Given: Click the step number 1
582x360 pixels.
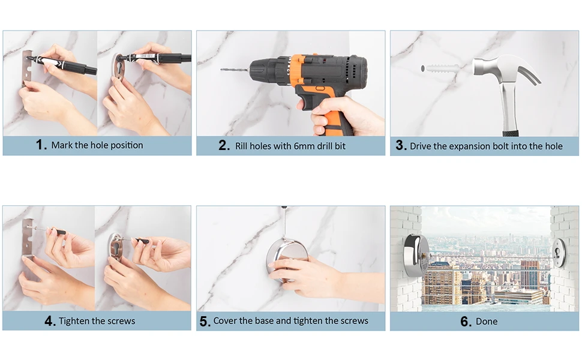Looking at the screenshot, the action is click(x=41, y=145).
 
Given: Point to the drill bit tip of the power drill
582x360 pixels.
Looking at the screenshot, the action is click(x=221, y=70).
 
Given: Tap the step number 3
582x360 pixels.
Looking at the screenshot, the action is click(x=401, y=145).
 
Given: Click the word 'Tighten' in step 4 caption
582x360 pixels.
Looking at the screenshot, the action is click(x=74, y=321).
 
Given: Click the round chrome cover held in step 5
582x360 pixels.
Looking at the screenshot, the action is click(x=287, y=257).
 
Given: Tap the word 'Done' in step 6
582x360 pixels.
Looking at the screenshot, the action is click(x=487, y=322).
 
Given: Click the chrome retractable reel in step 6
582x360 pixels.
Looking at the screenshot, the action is click(x=416, y=256).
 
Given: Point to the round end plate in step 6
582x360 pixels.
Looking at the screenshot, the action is click(x=559, y=253).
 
